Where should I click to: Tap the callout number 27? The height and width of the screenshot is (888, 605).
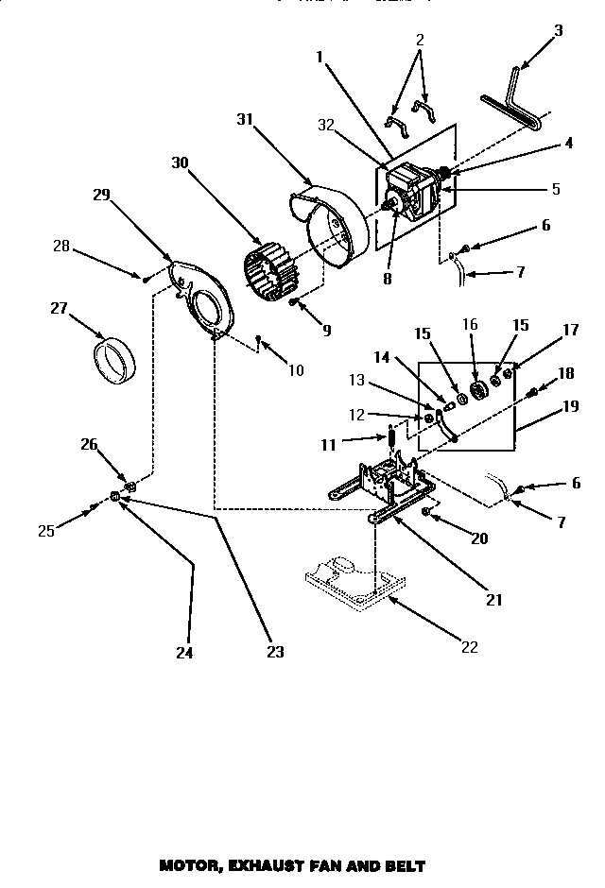click(60, 307)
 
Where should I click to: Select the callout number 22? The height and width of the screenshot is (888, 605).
click(470, 647)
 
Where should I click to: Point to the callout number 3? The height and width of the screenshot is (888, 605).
click(558, 30)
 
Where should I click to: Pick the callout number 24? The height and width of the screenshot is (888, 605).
click(186, 652)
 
